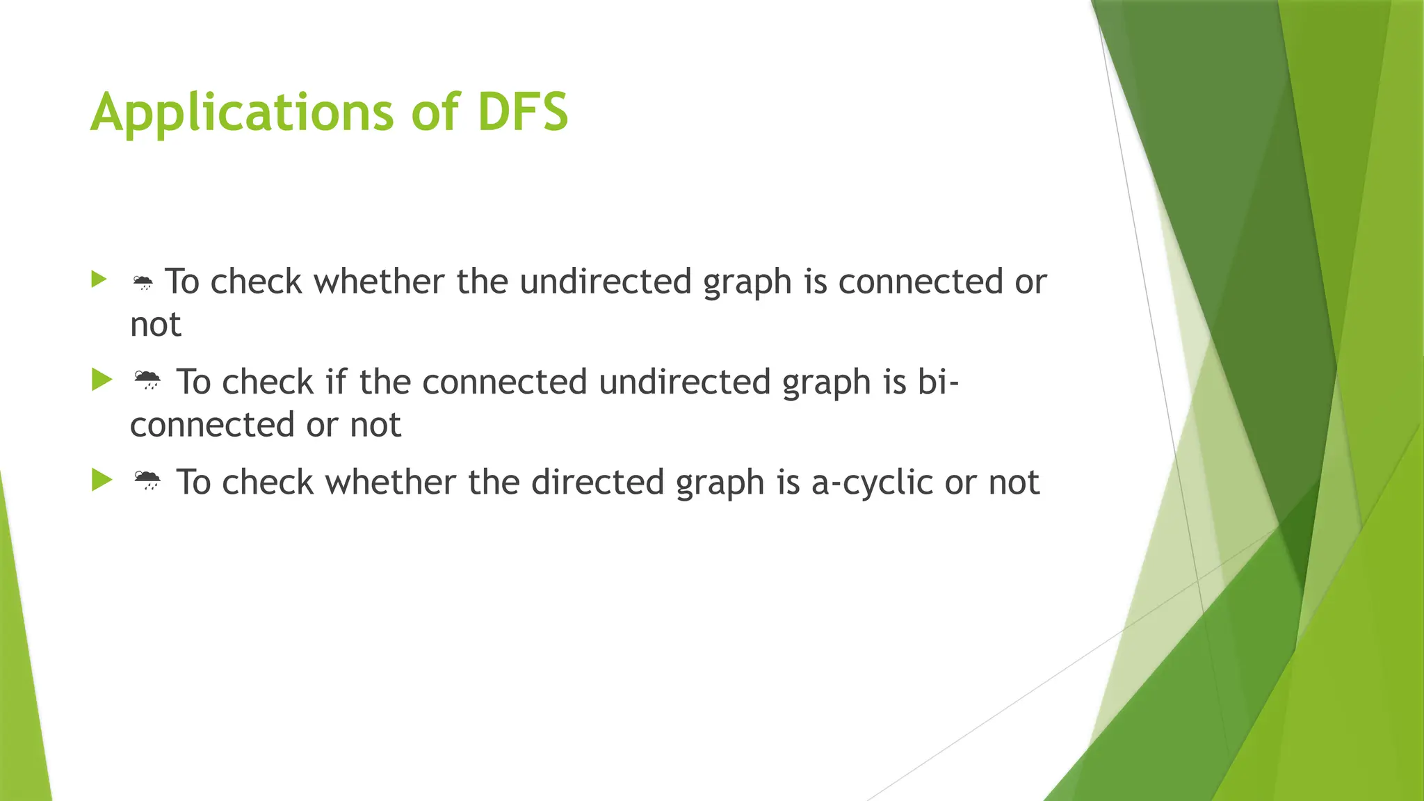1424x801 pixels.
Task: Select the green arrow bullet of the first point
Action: pos(99,280)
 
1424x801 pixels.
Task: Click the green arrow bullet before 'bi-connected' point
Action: pos(102,380)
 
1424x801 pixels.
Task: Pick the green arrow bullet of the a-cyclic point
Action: pos(102,480)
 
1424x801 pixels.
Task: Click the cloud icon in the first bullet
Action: pos(143,282)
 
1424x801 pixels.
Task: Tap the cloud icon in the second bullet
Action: pos(147,381)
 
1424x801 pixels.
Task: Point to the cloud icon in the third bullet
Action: pos(147,481)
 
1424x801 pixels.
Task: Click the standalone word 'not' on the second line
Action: pos(156,325)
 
